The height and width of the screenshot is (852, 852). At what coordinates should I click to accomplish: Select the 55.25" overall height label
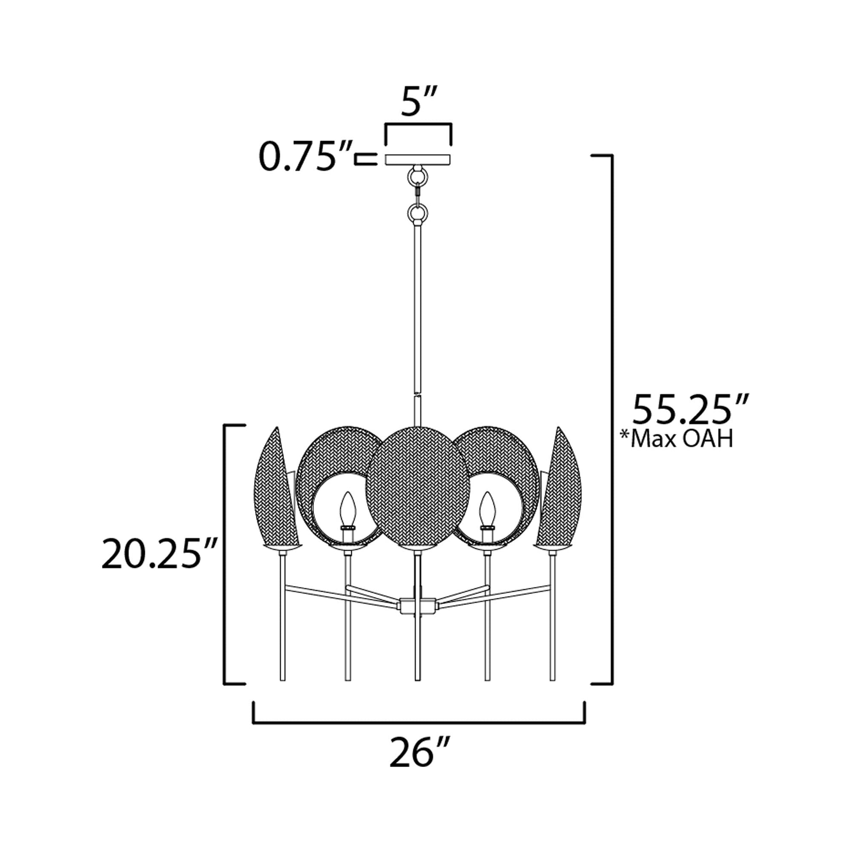(691, 410)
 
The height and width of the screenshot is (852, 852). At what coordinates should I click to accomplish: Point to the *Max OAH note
(676, 439)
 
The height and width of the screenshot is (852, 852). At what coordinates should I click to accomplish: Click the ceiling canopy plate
(418, 159)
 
